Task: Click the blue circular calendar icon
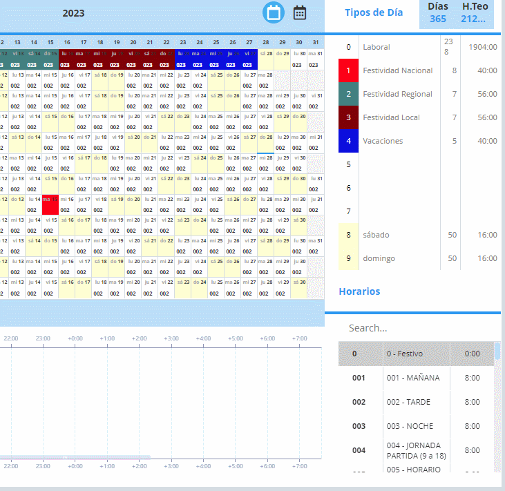(x=274, y=12)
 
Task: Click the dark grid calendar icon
(x=300, y=12)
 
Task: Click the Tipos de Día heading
(x=373, y=12)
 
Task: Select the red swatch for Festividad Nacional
(x=349, y=70)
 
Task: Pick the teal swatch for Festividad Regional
(x=349, y=94)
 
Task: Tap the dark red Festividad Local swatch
(x=349, y=117)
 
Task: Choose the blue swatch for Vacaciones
(x=349, y=141)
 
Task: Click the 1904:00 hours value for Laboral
(x=483, y=47)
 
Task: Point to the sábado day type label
(x=376, y=235)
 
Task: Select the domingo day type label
(x=378, y=258)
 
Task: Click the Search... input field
(x=415, y=328)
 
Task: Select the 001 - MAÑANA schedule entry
(x=413, y=378)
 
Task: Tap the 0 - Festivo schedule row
(x=415, y=354)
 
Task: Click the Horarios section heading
(x=359, y=291)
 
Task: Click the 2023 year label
(x=73, y=12)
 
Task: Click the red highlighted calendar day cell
(x=50, y=204)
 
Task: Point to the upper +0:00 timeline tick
(x=75, y=338)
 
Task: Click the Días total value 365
(x=438, y=19)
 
